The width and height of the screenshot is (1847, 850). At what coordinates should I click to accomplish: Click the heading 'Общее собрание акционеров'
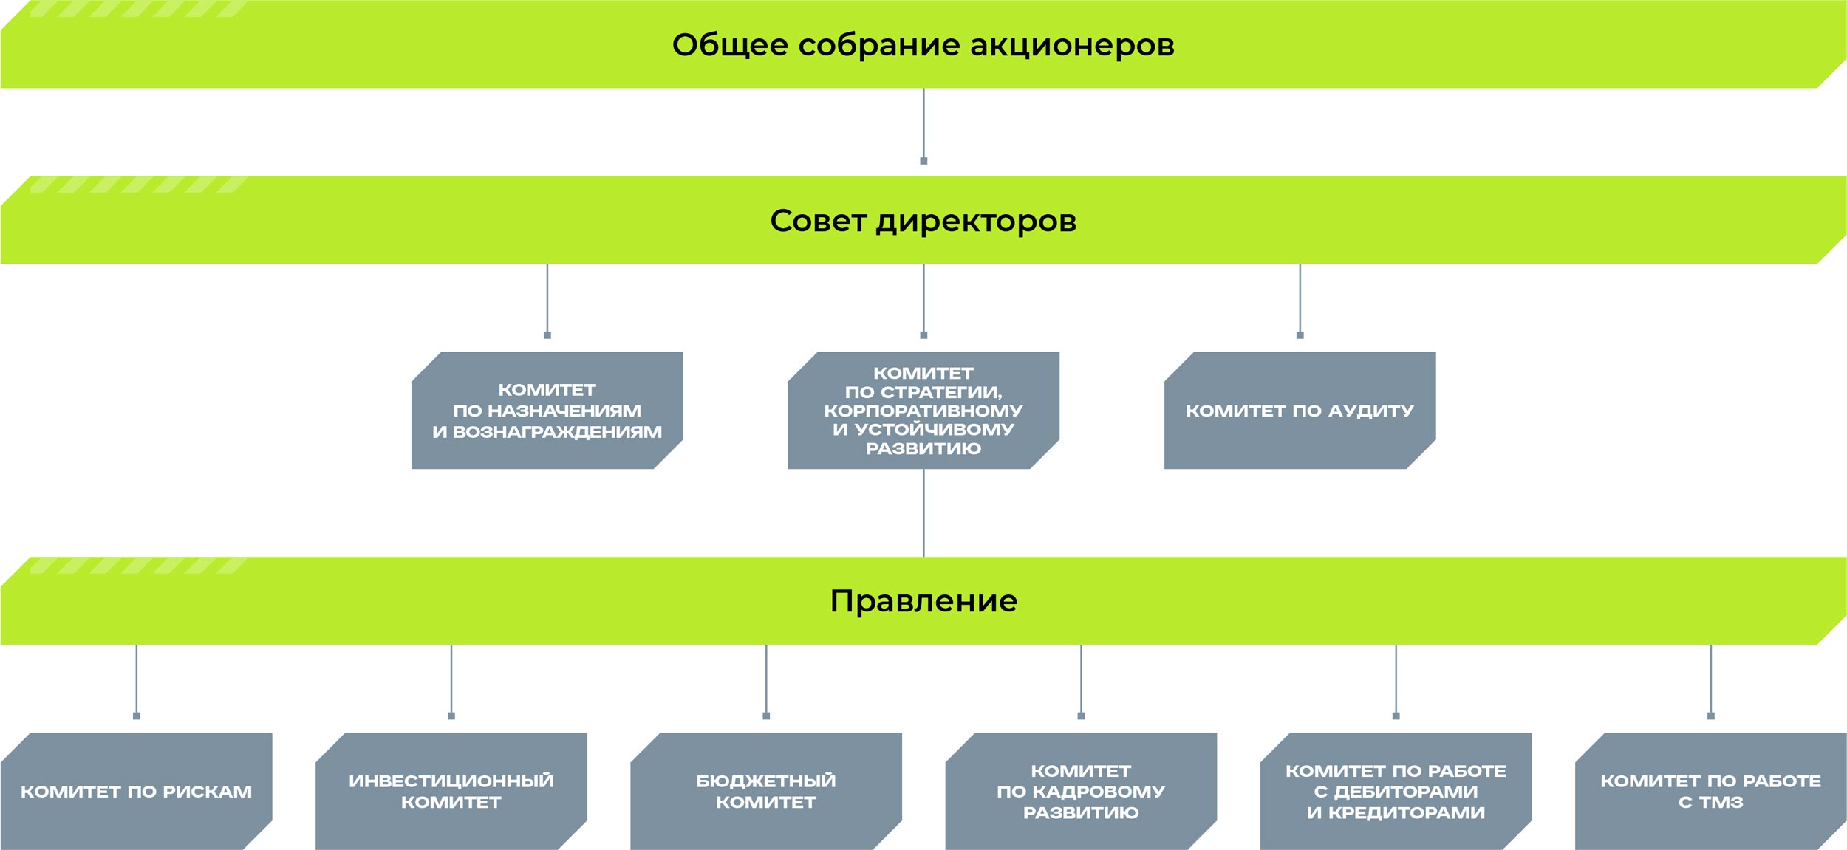pyautogui.click(x=923, y=45)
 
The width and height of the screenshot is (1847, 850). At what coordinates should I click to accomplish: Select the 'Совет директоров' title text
pyautogui.click(x=923, y=221)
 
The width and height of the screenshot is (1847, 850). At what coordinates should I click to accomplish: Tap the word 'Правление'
pyautogui.click(x=923, y=601)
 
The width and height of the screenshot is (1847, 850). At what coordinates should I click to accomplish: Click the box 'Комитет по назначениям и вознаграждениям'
pyautogui.click(x=547, y=411)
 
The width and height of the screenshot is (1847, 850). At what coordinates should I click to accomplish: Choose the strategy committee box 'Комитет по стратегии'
pyautogui.click(x=923, y=411)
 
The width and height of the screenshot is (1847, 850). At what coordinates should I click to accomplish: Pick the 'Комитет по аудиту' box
pyautogui.click(x=1300, y=411)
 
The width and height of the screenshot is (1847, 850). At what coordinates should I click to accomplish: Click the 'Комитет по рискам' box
pyautogui.click(x=136, y=791)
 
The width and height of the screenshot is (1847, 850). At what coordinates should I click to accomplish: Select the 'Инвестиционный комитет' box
pyautogui.click(x=451, y=791)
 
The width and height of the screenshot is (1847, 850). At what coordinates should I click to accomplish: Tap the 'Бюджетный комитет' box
pyautogui.click(x=766, y=791)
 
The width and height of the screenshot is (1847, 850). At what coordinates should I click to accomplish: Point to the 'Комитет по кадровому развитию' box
pyautogui.click(x=1081, y=791)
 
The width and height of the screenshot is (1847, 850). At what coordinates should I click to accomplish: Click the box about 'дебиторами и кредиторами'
pyautogui.click(x=1396, y=791)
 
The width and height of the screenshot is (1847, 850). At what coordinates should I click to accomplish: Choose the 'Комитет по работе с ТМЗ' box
pyautogui.click(x=1710, y=791)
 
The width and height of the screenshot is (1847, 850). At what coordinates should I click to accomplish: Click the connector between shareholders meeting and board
pyautogui.click(x=923, y=126)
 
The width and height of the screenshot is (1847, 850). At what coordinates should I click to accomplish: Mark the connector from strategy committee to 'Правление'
pyautogui.click(x=923, y=513)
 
